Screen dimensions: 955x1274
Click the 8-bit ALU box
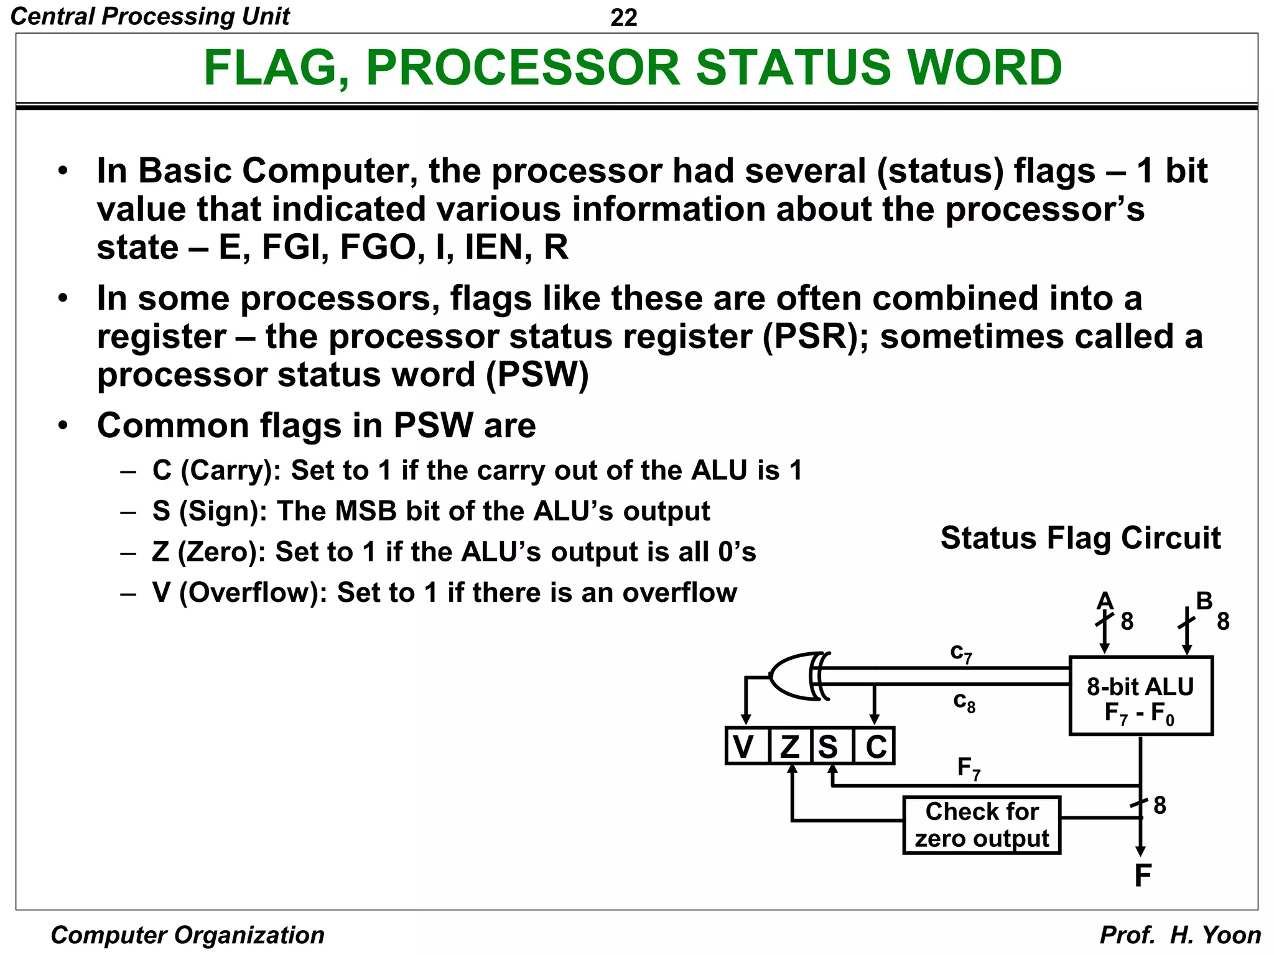(x=1140, y=696)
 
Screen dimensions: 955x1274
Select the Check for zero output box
(x=981, y=825)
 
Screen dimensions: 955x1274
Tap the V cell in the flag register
(x=745, y=746)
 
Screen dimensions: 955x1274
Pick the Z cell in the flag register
(x=790, y=746)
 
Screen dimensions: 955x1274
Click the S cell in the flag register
(x=829, y=746)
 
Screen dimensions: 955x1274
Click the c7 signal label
(x=961, y=653)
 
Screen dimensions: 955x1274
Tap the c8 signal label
(x=964, y=702)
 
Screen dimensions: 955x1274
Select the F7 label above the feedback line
(x=969, y=768)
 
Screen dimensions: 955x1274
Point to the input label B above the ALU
(x=1204, y=601)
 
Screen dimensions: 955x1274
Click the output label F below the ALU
(x=1142, y=876)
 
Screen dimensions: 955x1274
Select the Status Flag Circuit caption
(x=1080, y=538)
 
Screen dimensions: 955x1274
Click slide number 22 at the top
(x=623, y=17)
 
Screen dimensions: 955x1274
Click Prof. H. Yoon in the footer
(x=1179, y=935)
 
